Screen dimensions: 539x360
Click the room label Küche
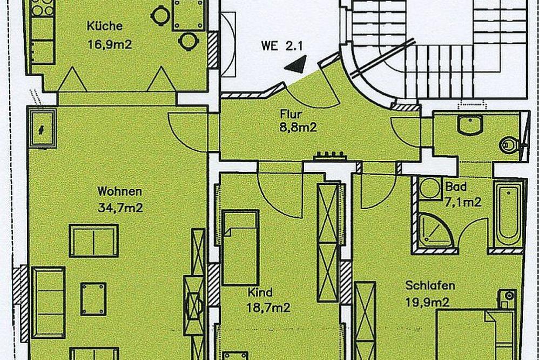tap(104, 26)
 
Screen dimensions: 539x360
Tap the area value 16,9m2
tap(110, 44)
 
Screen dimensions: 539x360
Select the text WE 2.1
tap(282, 46)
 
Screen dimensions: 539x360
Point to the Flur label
tap(291, 114)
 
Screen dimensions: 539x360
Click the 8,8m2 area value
tap(298, 128)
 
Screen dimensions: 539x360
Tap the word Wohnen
tap(119, 191)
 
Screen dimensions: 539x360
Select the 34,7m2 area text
tap(120, 208)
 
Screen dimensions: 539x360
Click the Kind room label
tap(260, 292)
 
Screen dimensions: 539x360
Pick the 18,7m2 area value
tap(269, 308)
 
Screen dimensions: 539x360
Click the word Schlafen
tap(430, 285)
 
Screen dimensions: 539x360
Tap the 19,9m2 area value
tap(427, 303)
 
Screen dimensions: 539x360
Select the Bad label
tap(456, 187)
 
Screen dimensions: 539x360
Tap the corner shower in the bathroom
tap(435, 230)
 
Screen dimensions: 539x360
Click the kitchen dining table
tap(188, 15)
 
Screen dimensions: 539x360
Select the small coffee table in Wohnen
tap(93, 299)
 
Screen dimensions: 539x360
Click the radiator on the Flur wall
tap(330, 156)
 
